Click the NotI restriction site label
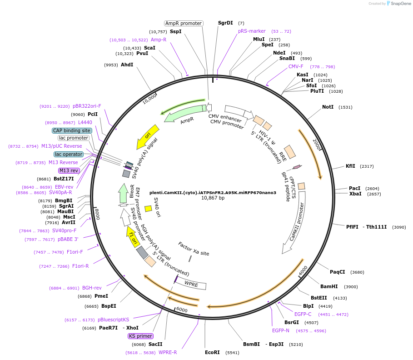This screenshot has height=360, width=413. (328, 107)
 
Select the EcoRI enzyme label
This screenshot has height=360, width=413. (212, 352)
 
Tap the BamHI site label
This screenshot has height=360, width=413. (329, 286)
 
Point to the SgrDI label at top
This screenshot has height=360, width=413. (225, 23)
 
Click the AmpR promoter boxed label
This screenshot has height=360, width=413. (183, 23)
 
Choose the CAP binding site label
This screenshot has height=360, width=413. (72, 130)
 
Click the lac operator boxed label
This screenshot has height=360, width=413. (69, 154)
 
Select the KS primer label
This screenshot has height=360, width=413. (140, 336)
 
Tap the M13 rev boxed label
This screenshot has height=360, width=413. (69, 170)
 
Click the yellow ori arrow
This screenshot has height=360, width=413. (149, 136)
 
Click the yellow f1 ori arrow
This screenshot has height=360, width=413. (133, 236)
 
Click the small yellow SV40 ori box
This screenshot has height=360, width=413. (148, 208)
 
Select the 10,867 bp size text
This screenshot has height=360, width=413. (213, 198)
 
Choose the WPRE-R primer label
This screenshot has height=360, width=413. (168, 352)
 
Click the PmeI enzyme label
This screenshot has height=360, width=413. (101, 296)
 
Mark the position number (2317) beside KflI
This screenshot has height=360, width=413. (367, 166)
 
